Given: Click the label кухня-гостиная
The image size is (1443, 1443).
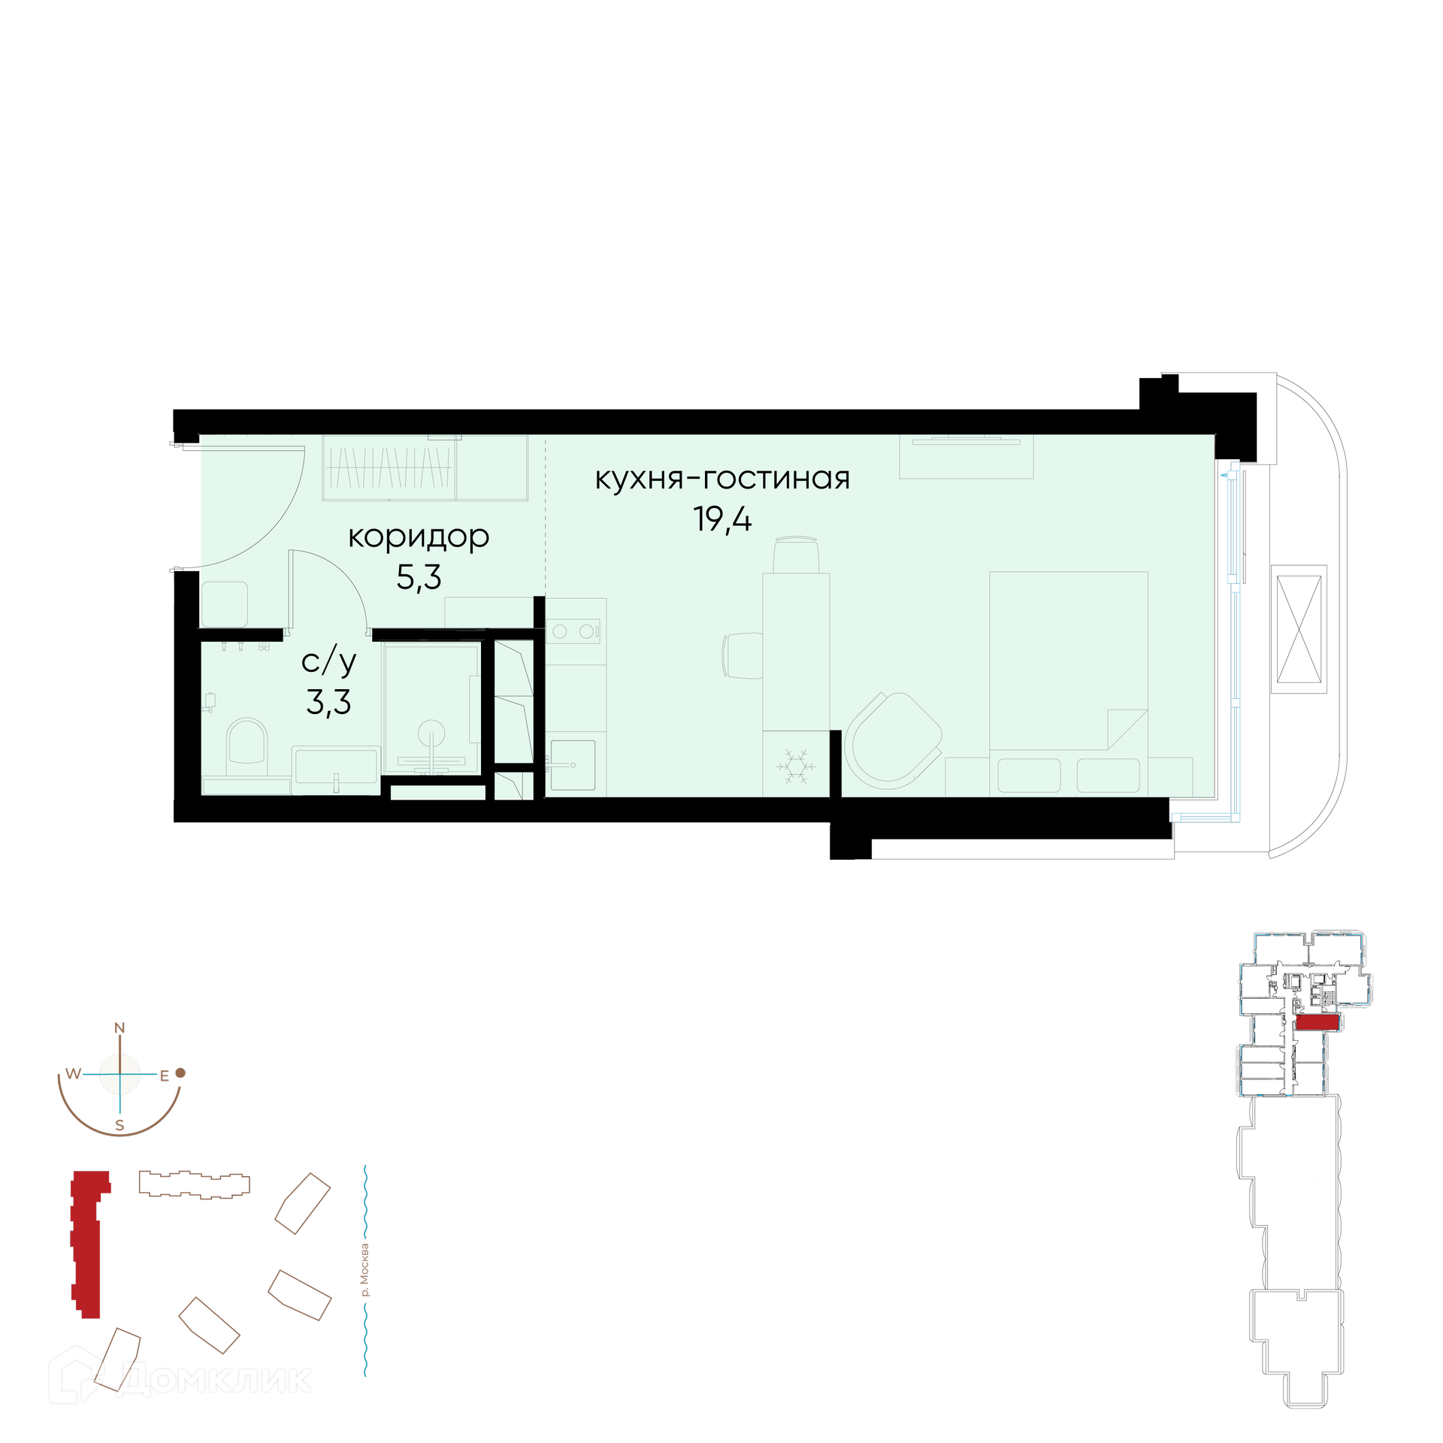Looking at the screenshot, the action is tap(722, 479).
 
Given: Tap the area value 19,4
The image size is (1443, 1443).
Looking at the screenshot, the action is tap(722, 519).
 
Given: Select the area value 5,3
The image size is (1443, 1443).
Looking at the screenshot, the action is tap(419, 577).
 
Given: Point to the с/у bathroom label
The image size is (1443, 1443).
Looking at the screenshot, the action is tap(328, 661).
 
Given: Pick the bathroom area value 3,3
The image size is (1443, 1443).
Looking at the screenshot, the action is tap(328, 702).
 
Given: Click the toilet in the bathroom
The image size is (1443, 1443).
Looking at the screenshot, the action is tap(247, 746).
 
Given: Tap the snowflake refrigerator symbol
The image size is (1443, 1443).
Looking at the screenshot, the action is tap(796, 766).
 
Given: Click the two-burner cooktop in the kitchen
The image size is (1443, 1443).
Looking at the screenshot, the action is tap(573, 631).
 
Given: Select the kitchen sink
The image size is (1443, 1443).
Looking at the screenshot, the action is tap(573, 764).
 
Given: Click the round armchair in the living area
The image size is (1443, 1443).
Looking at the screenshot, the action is tap(893, 740).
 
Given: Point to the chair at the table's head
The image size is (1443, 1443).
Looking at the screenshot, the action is tap(796, 555).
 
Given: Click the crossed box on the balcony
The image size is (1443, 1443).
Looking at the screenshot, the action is tap(1299, 629).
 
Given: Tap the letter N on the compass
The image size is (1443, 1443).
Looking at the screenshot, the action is tap(119, 1028).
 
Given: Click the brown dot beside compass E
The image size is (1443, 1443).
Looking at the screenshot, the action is tap(180, 1072).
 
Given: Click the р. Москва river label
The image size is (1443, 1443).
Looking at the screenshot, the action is tap(365, 1270).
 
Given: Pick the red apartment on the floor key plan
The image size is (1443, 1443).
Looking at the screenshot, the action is tap(1317, 1022).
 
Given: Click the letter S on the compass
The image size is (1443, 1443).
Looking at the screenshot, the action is tap(119, 1126).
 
